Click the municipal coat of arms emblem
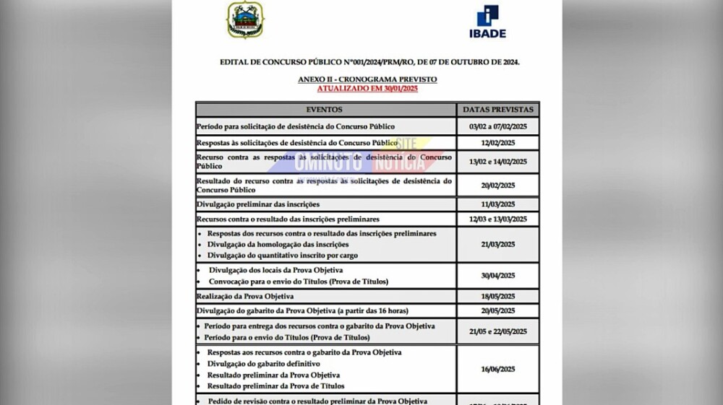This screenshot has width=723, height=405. (246, 20)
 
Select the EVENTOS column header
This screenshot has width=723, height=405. (325, 110)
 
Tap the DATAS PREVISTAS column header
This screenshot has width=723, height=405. (498, 110)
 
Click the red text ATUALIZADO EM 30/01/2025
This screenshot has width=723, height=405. (367, 88)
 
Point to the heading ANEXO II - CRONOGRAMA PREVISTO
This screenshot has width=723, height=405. (367, 79)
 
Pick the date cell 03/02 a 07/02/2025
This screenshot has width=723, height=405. (498, 126)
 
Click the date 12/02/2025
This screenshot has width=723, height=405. (498, 143)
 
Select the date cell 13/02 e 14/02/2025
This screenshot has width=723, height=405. (498, 162)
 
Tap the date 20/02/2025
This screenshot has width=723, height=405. (498, 186)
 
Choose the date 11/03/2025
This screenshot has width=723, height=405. (498, 204)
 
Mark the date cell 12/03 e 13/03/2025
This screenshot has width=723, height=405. (498, 219)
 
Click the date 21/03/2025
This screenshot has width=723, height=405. (498, 245)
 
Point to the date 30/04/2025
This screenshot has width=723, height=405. (498, 276)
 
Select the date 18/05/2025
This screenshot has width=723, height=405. (498, 296)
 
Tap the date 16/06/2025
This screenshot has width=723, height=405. (498, 368)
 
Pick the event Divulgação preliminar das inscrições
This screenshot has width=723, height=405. (257, 204)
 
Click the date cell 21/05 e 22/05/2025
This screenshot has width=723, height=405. (498, 331)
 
